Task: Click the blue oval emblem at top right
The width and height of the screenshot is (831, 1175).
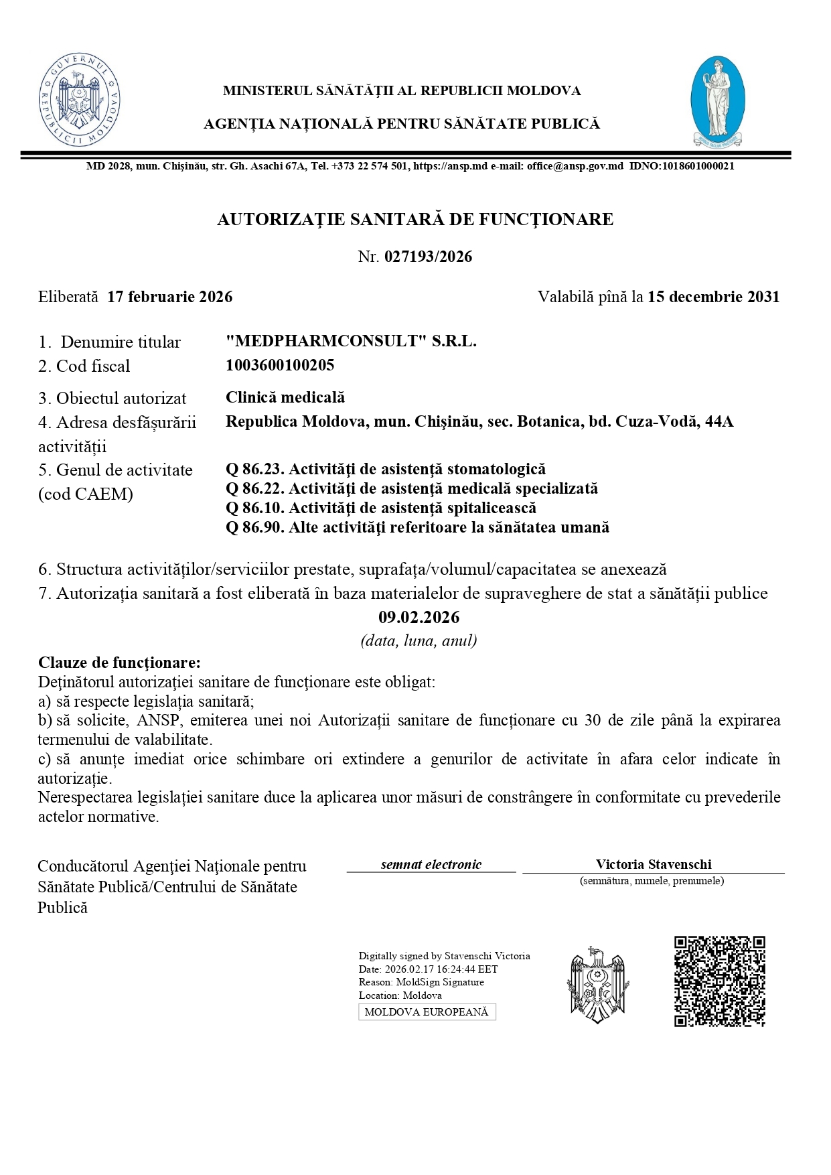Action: pos(717,100)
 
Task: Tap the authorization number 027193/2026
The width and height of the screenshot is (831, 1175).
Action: pos(428,257)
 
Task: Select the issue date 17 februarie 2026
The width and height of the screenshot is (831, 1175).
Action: pos(169,297)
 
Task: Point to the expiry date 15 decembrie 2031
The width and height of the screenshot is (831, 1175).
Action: pos(713,297)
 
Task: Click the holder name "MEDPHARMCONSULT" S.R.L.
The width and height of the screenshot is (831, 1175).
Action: pos(351,341)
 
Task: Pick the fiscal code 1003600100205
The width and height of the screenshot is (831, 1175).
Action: pos(280,365)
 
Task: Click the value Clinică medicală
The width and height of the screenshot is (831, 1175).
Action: pos(285,397)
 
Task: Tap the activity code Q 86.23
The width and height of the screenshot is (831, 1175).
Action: pos(255,470)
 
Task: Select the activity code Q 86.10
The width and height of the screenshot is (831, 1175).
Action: pos(255,508)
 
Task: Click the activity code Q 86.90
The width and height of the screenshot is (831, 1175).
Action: pos(255,527)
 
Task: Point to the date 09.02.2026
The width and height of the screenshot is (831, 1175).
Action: pos(419,617)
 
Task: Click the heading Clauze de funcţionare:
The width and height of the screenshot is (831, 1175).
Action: pos(119,663)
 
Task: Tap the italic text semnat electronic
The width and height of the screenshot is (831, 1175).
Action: pos(431,864)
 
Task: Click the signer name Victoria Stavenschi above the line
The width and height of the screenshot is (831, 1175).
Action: pos(654,864)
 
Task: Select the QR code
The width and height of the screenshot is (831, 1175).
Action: pos(719,981)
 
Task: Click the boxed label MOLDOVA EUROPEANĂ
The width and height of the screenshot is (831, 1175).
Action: pos(427,1012)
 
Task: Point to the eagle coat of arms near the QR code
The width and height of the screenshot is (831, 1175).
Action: pos(597,984)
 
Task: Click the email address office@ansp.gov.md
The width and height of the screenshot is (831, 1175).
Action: pos(575,166)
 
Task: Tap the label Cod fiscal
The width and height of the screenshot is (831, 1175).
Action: pos(84,366)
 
